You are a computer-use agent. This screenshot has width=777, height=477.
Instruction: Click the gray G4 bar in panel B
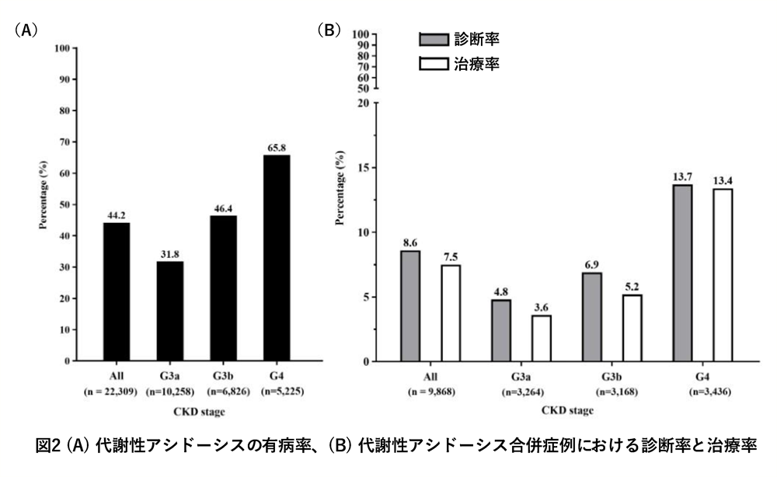pyautogui.click(x=682, y=273)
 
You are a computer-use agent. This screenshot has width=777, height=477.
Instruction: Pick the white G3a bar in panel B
pyautogui.click(x=541, y=338)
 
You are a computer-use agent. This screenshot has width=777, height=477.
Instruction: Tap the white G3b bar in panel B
pyautogui.click(x=632, y=328)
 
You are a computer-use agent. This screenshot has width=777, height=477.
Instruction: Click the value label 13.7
pyautogui.click(x=682, y=176)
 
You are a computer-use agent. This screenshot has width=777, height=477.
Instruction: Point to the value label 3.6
pyautogui.click(x=541, y=307)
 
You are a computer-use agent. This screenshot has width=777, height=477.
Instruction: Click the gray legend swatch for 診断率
pyautogui.click(x=434, y=40)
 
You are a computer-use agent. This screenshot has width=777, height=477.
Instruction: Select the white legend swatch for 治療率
pyautogui.click(x=434, y=64)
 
